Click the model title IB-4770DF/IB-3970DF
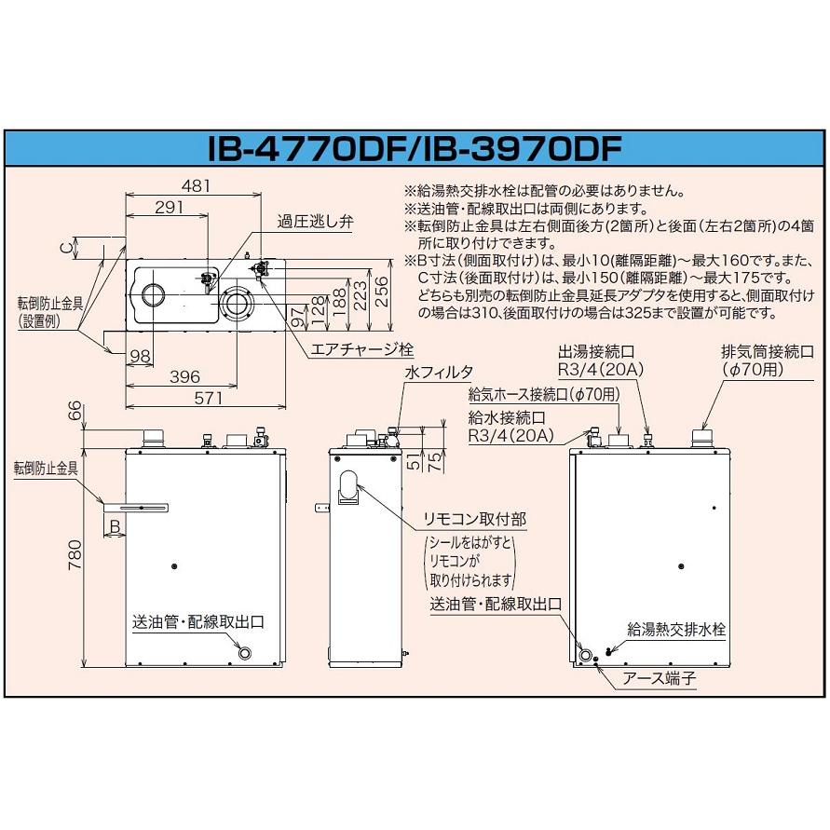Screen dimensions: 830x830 (415, 149)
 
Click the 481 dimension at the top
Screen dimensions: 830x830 (196, 185)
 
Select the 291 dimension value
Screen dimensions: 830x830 (169, 207)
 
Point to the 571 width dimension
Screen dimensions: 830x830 (208, 398)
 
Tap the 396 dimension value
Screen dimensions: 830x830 (184, 377)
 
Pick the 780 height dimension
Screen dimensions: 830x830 (75, 554)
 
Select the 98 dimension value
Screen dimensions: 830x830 (140, 356)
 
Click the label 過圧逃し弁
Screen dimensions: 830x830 (315, 222)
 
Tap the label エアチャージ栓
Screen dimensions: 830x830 (361, 349)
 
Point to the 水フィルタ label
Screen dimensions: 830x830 (439, 372)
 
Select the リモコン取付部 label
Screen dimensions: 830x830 (475, 519)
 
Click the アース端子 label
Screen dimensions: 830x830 (659, 678)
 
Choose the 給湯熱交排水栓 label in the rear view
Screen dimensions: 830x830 (676, 630)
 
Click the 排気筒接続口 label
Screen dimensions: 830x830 (767, 351)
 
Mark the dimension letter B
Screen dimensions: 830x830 (115, 526)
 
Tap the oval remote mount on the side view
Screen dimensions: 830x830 (347, 487)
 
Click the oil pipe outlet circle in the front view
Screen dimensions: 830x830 (245, 653)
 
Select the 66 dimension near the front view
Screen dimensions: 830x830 (75, 411)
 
